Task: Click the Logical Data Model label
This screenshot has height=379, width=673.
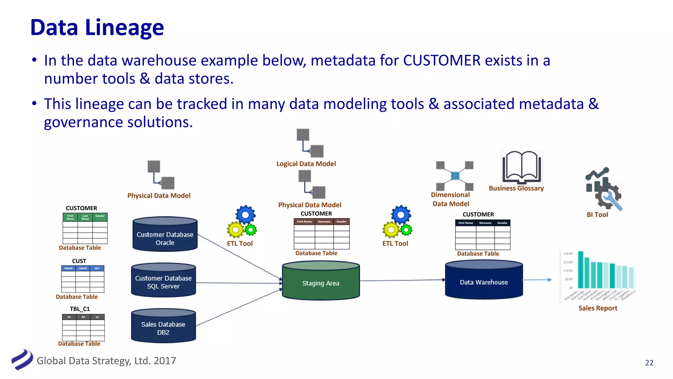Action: pos(306,164)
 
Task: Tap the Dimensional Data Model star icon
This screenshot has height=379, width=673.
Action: pos(455,176)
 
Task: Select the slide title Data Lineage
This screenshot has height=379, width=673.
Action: pos(97,27)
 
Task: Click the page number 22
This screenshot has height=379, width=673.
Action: pos(649,363)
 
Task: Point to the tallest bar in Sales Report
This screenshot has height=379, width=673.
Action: pos(581,269)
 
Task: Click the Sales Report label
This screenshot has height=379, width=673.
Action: pos(598,308)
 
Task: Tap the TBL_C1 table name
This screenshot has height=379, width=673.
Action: pos(80,309)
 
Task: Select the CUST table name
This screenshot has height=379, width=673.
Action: pos(79,261)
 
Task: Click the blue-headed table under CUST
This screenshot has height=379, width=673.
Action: pos(83,279)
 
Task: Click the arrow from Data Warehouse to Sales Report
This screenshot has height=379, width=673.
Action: pos(537,280)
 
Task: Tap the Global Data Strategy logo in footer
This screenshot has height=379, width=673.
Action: pos(22,359)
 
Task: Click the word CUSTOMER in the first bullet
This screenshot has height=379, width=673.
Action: pos(442,61)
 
